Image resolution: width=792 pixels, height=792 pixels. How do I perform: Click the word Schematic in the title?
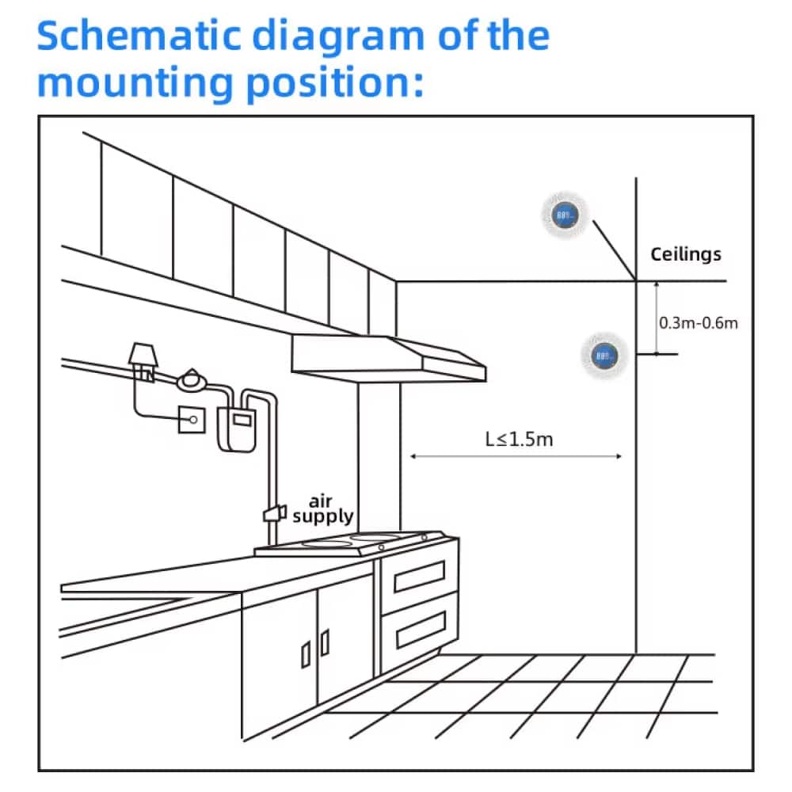pyautogui.click(x=139, y=36)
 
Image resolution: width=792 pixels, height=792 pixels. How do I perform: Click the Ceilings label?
pyautogui.click(x=685, y=254)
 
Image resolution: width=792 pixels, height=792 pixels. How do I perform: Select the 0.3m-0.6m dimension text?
pyautogui.click(x=698, y=323)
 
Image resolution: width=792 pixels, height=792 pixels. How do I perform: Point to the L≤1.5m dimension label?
pyautogui.click(x=519, y=440)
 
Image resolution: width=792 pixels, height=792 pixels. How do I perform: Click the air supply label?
pyautogui.click(x=323, y=509)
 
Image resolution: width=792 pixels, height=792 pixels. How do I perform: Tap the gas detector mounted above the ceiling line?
pyautogui.click(x=565, y=215)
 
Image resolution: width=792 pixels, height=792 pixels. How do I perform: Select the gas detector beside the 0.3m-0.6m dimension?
pyautogui.click(x=604, y=356)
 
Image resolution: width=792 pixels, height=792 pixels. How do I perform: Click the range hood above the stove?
pyautogui.click(x=388, y=359)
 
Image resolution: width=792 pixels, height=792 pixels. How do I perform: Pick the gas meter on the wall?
pyautogui.click(x=236, y=428)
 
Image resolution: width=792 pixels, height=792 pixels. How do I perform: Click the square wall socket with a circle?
pyautogui.click(x=192, y=420)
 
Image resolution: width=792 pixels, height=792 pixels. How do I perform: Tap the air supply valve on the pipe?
pyautogui.click(x=275, y=514)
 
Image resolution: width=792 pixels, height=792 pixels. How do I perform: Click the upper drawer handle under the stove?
pyautogui.click(x=419, y=576)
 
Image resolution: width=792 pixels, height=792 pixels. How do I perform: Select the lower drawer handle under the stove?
pyautogui.click(x=421, y=630)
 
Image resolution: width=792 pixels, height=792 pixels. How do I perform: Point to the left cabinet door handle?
pyautogui.click(x=306, y=655)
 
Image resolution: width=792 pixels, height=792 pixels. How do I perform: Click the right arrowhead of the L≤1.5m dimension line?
pyautogui.click(x=619, y=457)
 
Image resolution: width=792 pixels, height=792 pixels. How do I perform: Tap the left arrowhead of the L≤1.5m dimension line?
pyautogui.click(x=413, y=457)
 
